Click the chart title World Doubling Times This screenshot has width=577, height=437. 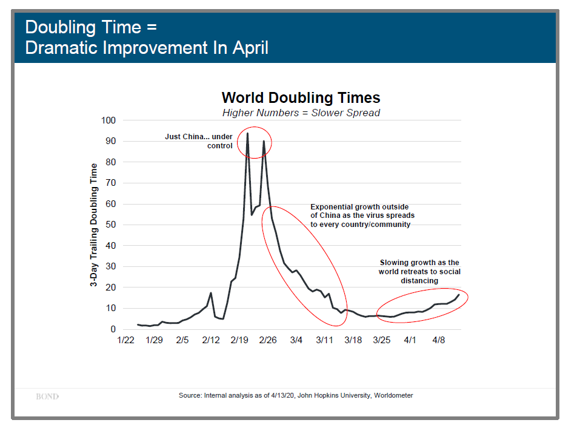pyautogui.click(x=301, y=97)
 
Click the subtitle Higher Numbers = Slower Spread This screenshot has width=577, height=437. pyautogui.click(x=301, y=113)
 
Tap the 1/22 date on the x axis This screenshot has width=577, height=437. pyautogui.click(x=125, y=341)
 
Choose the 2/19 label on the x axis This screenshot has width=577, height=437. pyautogui.click(x=239, y=341)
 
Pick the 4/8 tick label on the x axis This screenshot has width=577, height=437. pyautogui.click(x=438, y=341)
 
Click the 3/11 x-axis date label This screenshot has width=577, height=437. pyautogui.click(x=324, y=341)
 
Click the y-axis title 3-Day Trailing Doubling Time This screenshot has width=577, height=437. pyautogui.click(x=94, y=225)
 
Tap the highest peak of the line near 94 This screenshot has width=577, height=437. pyautogui.click(x=247, y=133)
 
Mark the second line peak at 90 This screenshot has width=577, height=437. pyautogui.click(x=264, y=142)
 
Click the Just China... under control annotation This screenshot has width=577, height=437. pyautogui.click(x=199, y=141)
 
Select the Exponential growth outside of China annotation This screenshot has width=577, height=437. pyautogui.click(x=362, y=215)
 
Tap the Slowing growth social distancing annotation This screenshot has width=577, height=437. pyautogui.click(x=419, y=272)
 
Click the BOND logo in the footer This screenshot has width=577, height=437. pyautogui.click(x=47, y=396)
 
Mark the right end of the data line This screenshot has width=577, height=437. pyautogui.click(x=459, y=295)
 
